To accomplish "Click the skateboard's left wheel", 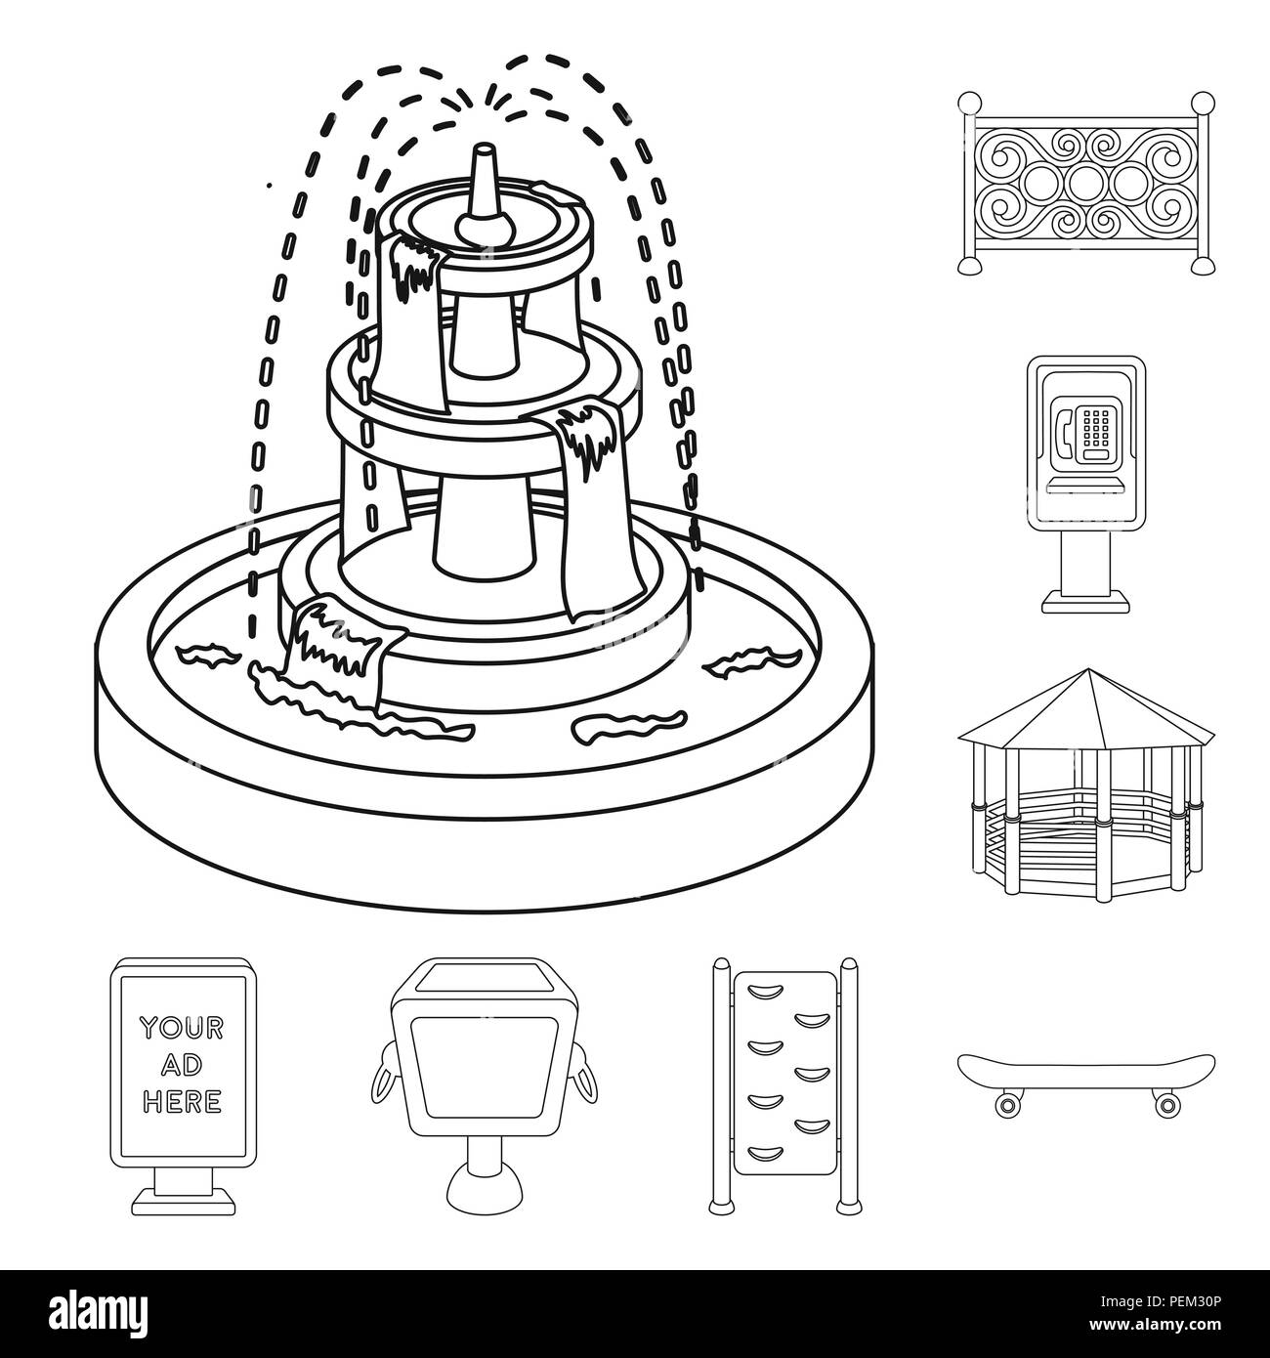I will [1007, 1104].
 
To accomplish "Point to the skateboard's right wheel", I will [1165, 1104].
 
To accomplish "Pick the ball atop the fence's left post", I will [968, 101].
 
